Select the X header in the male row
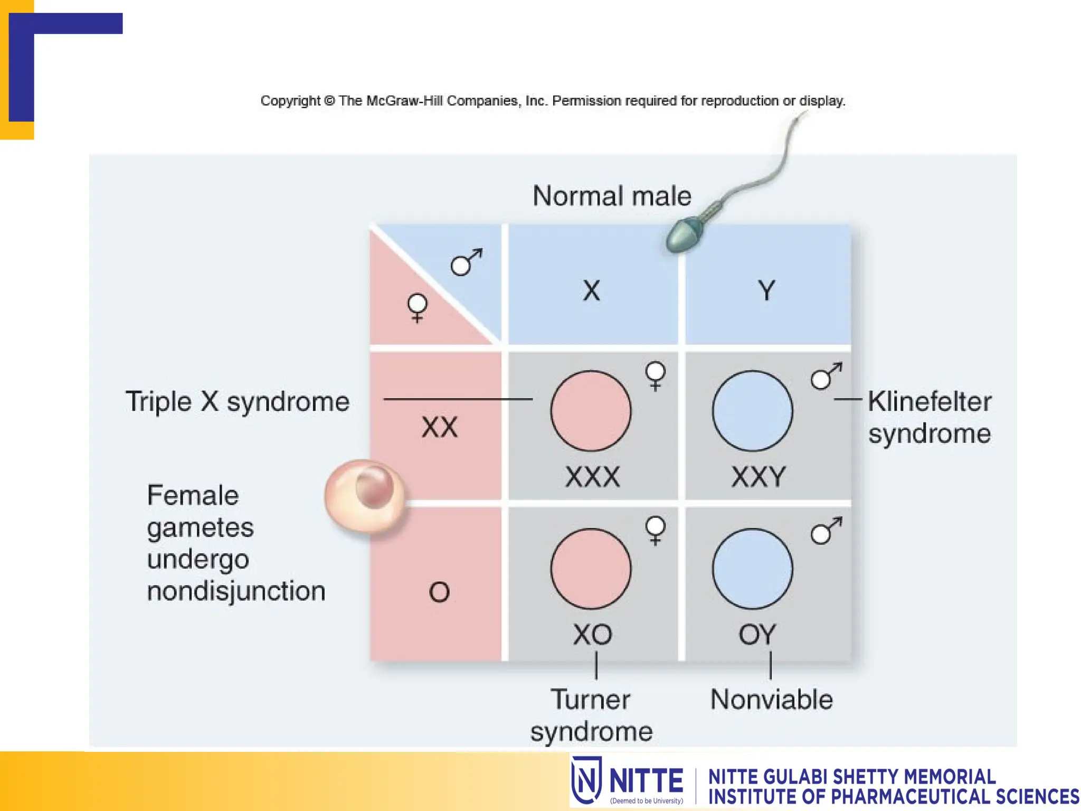coord(592,290)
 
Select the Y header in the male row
coord(766,290)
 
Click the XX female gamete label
coord(439,427)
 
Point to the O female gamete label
coord(439,592)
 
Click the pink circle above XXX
coord(591,411)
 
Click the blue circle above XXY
coord(752,411)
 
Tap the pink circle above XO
coord(591,569)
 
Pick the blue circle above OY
coord(752,569)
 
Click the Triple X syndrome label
coord(238,401)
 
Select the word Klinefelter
coord(930,401)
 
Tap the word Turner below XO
coord(591,700)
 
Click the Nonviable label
coord(771,700)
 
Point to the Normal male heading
coord(612,196)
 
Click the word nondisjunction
coord(236,591)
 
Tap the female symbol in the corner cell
coord(418,308)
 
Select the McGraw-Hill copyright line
coord(553,100)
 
